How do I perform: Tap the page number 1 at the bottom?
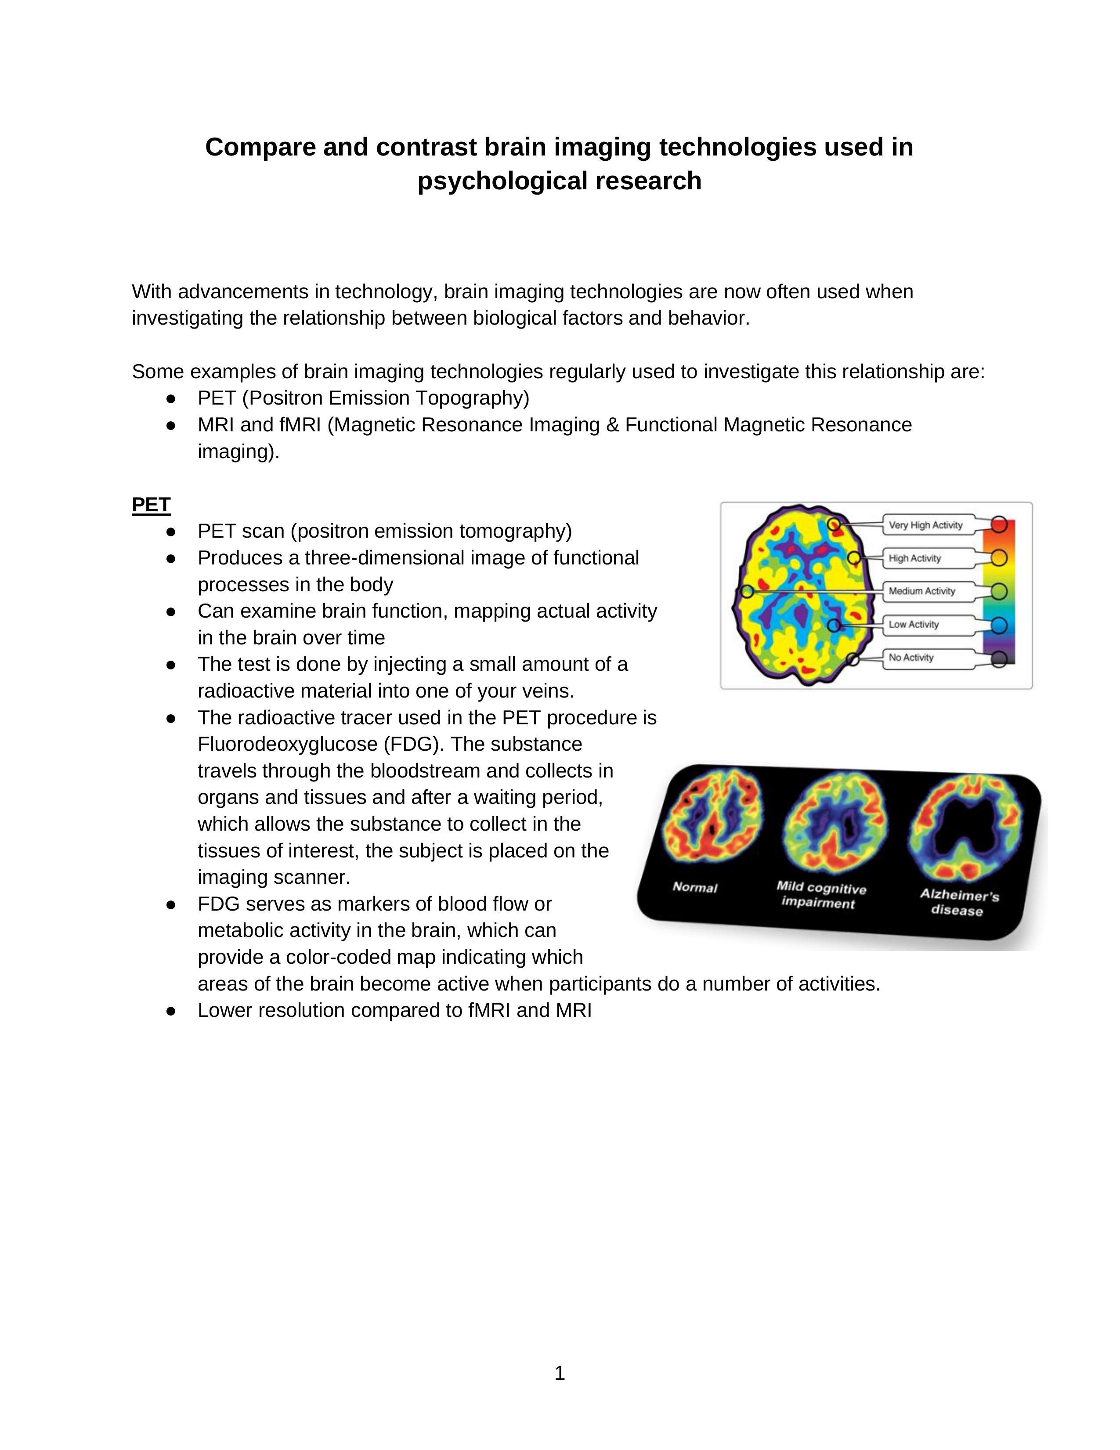click(559, 1374)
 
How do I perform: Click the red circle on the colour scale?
click(999, 524)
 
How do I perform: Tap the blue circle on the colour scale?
click(999, 626)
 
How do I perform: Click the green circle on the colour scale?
click(999, 591)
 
